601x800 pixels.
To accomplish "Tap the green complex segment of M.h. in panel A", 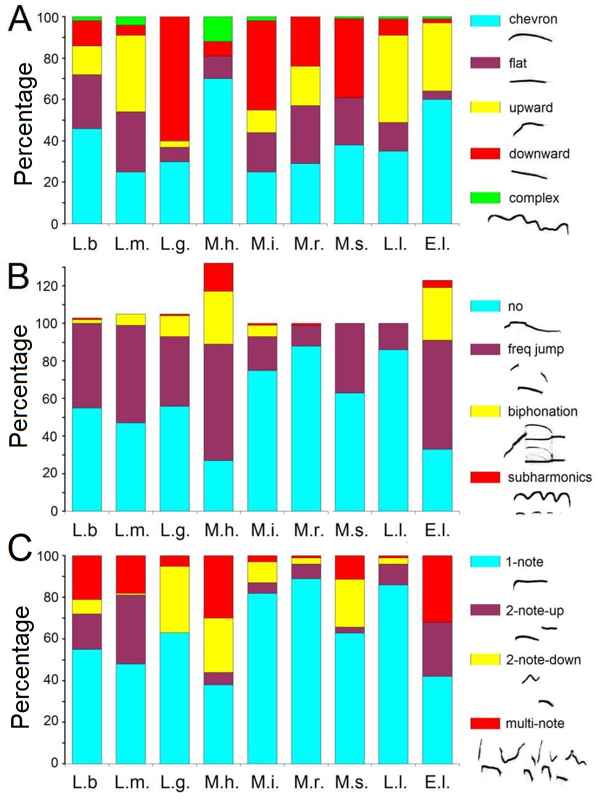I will pos(218,29).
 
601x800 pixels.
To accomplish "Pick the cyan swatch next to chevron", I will pos(485,20).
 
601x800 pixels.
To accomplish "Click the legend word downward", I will pos(539,154).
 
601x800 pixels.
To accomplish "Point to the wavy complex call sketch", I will pos(528,223).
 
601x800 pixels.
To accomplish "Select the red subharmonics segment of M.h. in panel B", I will pos(218,277).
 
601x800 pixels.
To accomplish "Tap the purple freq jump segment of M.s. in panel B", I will pos(350,358).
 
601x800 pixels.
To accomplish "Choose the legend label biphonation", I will pos(543,412).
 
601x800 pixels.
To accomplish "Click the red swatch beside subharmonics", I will pos(485,478).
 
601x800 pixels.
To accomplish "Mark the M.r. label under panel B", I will pos(308,530).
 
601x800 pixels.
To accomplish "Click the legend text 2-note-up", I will pos(535,610).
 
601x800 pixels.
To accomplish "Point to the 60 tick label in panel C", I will pos(50,639).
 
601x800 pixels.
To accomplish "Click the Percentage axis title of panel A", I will pos(23,123).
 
